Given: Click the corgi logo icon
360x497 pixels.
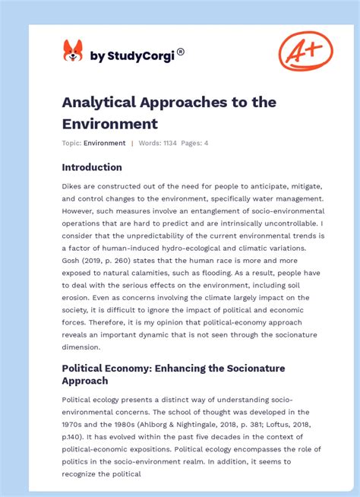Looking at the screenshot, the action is point(73,52).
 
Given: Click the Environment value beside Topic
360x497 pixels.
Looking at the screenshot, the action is point(105,143).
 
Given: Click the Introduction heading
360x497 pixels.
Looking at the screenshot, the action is point(92,167).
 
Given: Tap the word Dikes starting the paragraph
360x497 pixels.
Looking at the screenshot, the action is point(73,186).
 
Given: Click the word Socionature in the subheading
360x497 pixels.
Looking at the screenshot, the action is point(251,368).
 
